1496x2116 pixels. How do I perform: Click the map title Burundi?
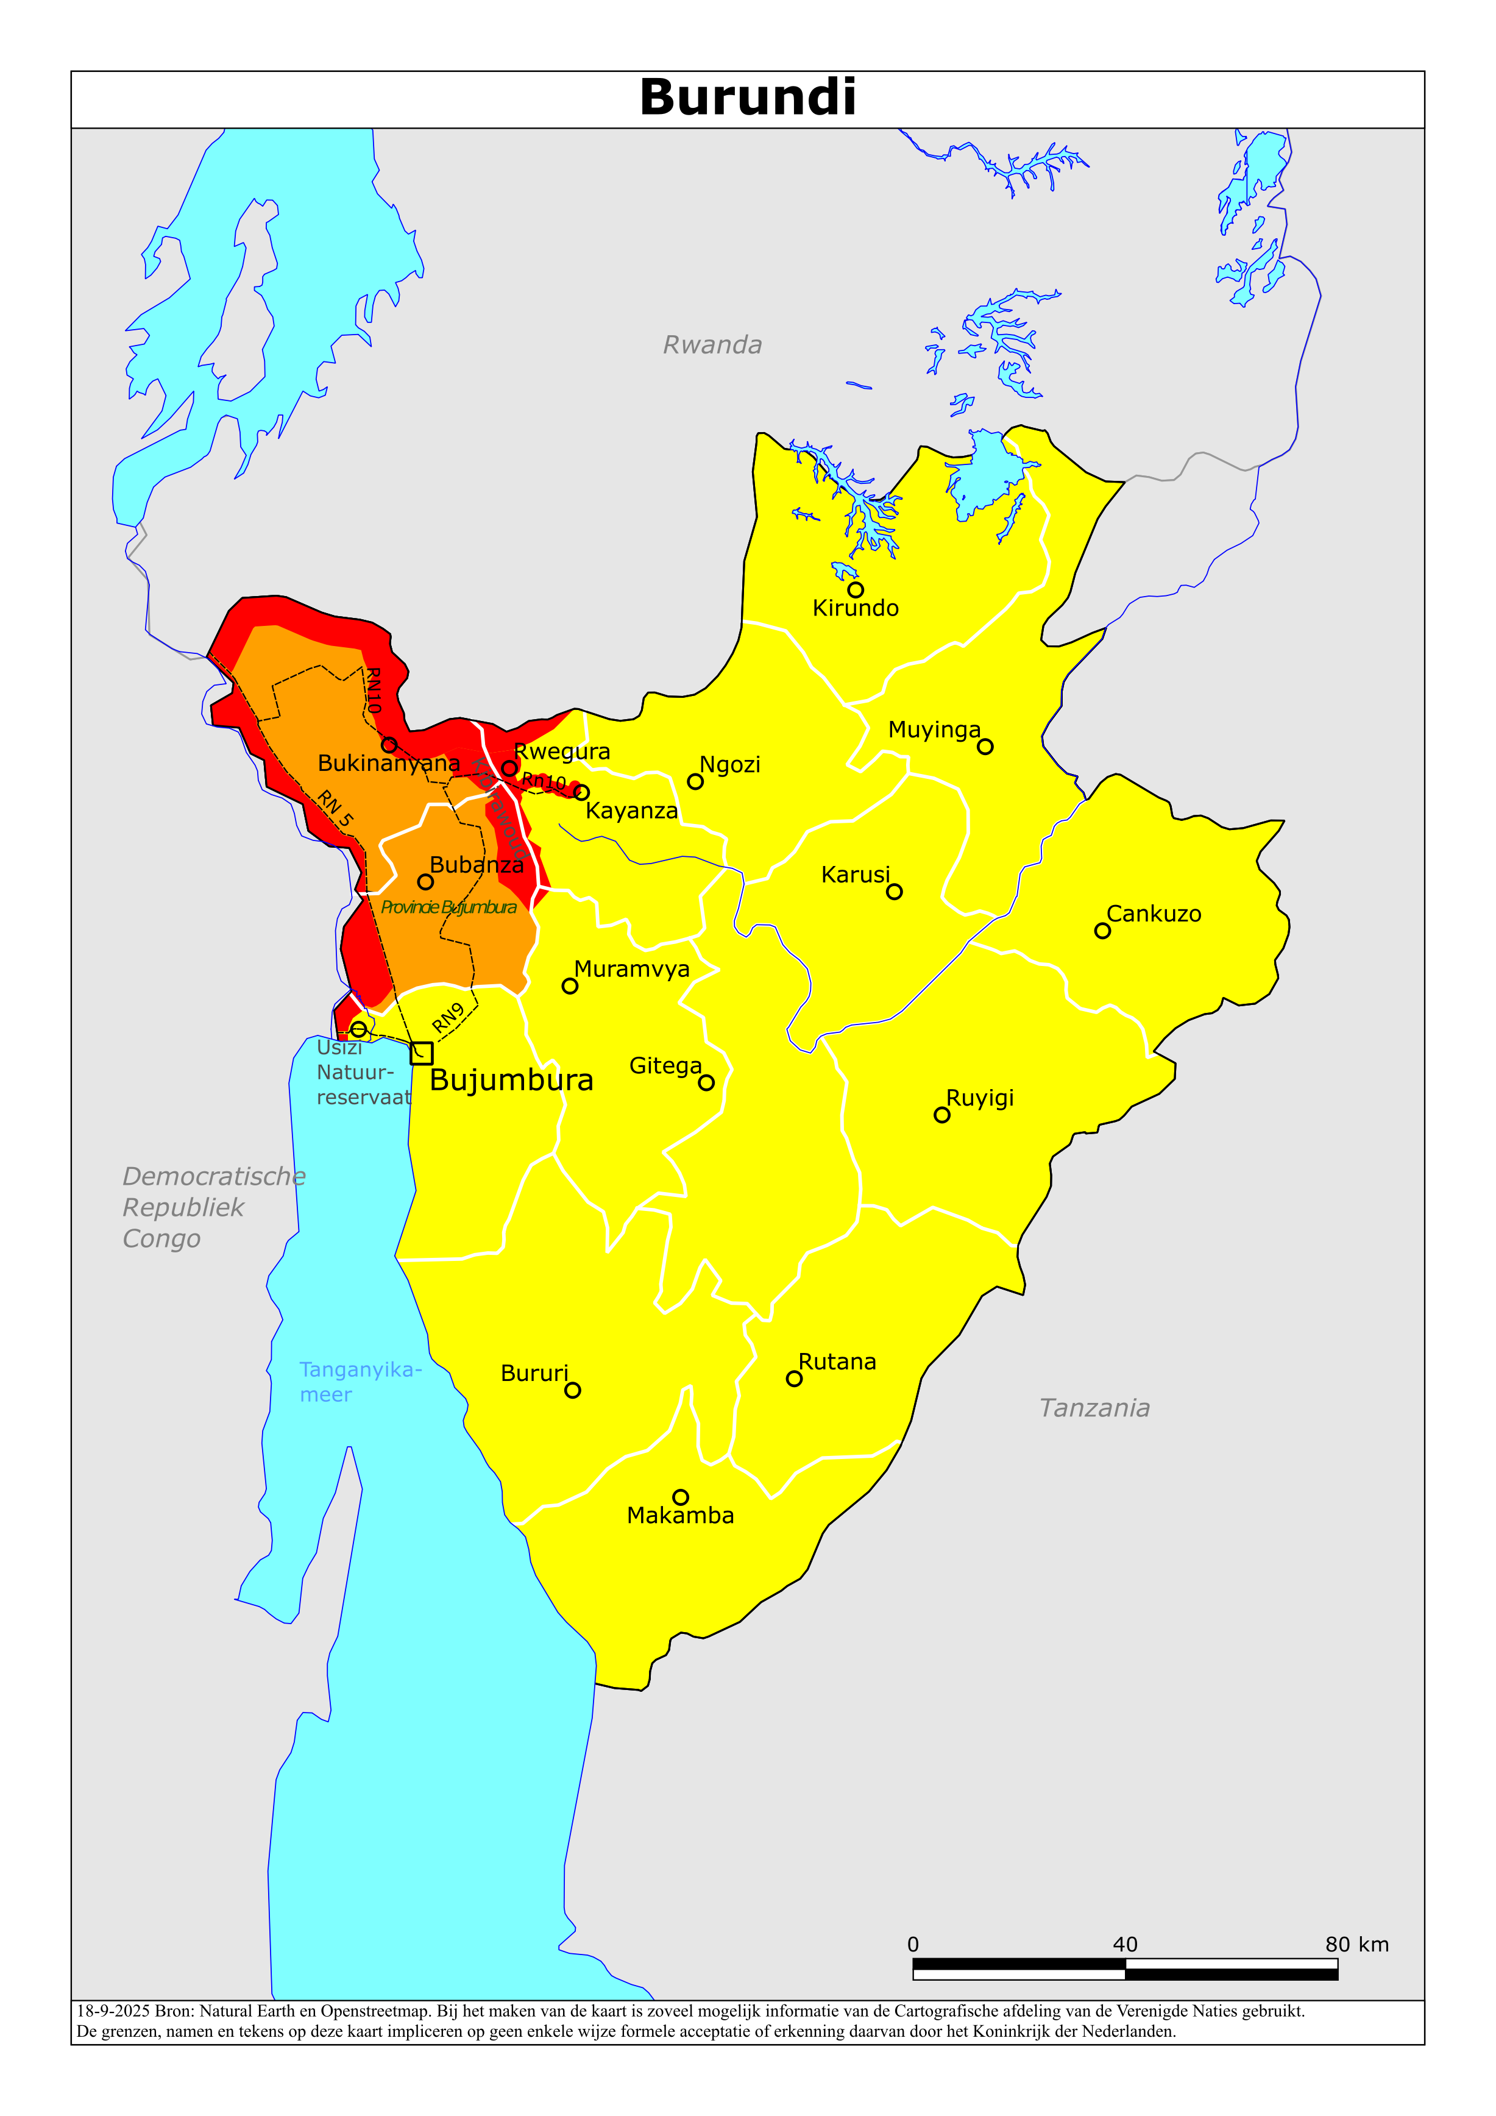click(748, 98)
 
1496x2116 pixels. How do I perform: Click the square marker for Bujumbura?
click(421, 1053)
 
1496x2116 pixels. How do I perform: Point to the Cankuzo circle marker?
click(1102, 931)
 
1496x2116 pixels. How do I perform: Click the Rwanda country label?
click(712, 346)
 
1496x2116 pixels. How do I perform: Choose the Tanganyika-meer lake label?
click(360, 1382)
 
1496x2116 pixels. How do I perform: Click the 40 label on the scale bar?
click(1124, 1945)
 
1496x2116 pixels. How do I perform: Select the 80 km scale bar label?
click(1356, 1945)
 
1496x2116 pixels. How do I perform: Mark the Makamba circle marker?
click(680, 1497)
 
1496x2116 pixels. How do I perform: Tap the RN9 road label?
click(449, 1017)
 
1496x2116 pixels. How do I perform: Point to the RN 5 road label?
click(336, 808)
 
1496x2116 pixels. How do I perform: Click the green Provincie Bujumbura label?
click(449, 908)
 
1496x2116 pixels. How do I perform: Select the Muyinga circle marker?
click(985, 747)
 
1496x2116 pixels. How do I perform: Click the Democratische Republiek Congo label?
click(213, 1207)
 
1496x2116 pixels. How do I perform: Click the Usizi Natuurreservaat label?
click(362, 1073)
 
